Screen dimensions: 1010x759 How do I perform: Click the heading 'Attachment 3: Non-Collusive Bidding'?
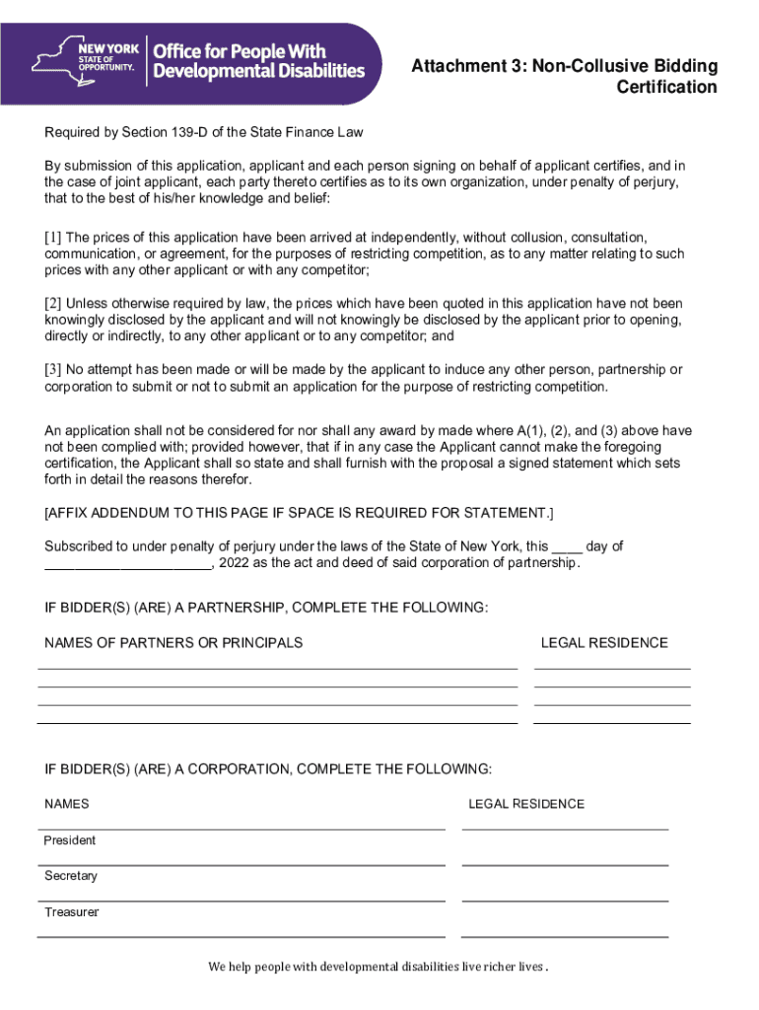click(565, 66)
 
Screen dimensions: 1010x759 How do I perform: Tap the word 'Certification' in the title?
click(667, 87)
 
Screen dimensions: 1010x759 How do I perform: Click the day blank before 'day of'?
click(567, 546)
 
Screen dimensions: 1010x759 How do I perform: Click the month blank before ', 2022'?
click(127, 564)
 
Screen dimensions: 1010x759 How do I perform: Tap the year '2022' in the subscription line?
click(235, 563)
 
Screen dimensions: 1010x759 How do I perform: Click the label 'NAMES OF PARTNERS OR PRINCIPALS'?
click(173, 643)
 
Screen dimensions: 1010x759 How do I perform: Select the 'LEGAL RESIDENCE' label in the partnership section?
click(603, 643)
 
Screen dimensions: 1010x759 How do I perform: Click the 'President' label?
click(70, 840)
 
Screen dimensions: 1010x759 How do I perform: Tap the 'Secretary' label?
click(71, 876)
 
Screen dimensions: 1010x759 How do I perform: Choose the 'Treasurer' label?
click(71, 912)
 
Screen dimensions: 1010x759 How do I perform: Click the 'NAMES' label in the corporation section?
click(67, 804)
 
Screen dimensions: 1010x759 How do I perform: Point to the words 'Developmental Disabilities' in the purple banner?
click(259, 71)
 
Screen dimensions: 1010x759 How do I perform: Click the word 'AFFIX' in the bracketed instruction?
click(68, 514)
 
